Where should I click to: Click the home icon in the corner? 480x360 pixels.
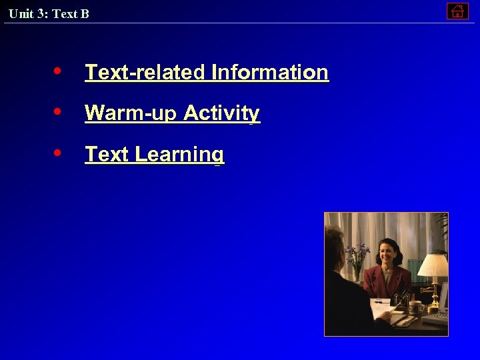(457, 11)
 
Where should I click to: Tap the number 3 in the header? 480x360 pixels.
(41, 14)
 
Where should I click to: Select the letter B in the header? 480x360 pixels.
(85, 14)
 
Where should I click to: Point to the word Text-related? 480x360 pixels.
(145, 72)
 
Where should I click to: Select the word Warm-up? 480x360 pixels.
(131, 113)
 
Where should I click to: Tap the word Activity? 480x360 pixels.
(222, 113)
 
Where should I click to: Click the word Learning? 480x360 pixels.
(179, 155)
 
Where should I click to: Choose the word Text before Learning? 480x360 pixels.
(107, 155)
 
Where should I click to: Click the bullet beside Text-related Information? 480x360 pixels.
(59, 70)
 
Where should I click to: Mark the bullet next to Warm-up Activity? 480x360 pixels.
(59, 111)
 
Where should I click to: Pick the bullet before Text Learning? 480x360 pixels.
(59, 153)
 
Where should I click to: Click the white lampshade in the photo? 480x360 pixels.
(433, 265)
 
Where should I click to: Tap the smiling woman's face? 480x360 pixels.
(386, 253)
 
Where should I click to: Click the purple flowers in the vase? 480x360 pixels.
(358, 254)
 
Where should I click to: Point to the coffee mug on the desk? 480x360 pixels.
(414, 307)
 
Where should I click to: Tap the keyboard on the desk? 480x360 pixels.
(437, 317)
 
